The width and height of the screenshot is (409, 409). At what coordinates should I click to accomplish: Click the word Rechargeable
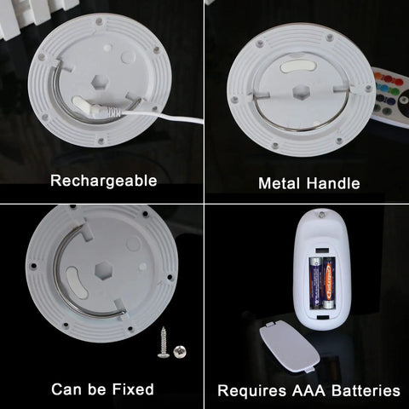[104, 181]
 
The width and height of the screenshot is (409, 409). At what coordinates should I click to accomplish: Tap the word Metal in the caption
[279, 183]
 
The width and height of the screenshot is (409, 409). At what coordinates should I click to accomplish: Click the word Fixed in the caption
[133, 389]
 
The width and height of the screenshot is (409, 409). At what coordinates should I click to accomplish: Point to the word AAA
[308, 390]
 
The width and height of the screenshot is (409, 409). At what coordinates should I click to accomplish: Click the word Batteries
[366, 390]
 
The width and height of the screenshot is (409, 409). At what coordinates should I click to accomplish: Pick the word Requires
[252, 391]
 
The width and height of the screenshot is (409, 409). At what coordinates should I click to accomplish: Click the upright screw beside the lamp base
[164, 343]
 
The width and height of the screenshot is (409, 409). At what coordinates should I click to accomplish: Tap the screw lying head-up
[180, 352]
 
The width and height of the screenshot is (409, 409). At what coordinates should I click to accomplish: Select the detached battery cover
[290, 345]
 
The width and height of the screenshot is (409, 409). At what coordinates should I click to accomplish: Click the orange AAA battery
[329, 283]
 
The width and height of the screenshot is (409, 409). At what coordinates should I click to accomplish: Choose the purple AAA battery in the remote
[315, 283]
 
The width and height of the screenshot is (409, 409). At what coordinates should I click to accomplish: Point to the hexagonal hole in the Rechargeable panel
[99, 83]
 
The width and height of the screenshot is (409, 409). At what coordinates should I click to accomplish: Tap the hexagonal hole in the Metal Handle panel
[301, 93]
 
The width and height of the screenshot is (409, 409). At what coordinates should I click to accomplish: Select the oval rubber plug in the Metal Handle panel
[298, 66]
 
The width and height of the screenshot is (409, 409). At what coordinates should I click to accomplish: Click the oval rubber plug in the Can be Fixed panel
[77, 283]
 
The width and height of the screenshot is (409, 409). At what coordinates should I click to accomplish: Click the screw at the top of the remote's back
[321, 215]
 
